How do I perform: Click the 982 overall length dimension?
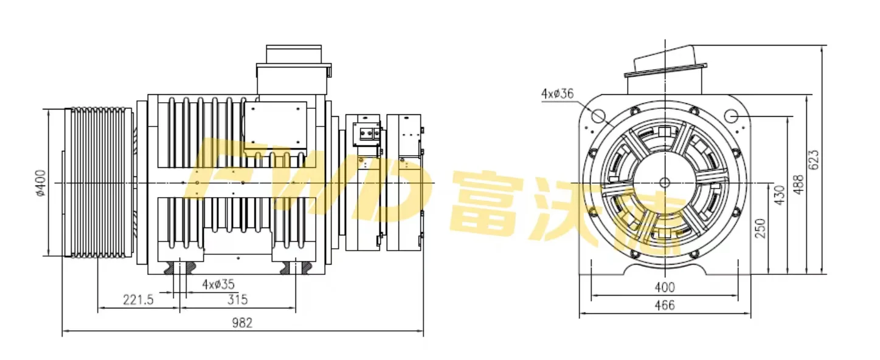pos(243,324)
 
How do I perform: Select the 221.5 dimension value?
pos(138,300)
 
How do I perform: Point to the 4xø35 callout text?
pos(218,283)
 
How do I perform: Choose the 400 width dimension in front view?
pos(664,287)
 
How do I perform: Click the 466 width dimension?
pos(664,306)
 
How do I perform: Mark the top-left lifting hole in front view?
pos(597,115)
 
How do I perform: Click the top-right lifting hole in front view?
pos(731,115)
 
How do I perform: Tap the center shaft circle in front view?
pos(664,182)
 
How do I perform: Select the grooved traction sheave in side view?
pos(97,182)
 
